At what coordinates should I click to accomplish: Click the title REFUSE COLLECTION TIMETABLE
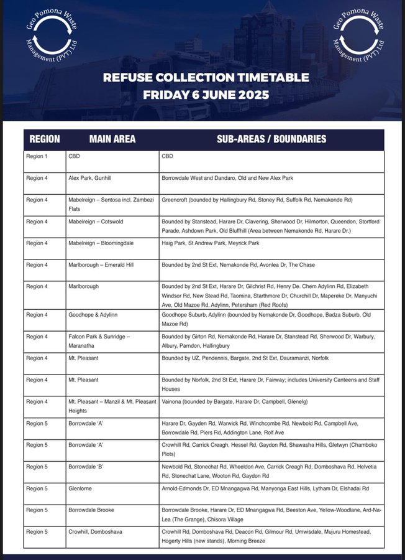[x=206, y=78]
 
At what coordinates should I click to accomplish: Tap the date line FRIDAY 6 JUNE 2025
[x=206, y=95]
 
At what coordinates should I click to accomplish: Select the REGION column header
[x=45, y=139]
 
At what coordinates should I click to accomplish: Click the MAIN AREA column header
[x=112, y=139]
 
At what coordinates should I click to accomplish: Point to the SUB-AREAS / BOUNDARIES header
[x=271, y=139]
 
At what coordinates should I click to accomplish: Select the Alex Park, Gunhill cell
[x=93, y=178]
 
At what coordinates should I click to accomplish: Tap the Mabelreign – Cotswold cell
[x=102, y=222]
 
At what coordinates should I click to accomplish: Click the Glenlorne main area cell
[x=80, y=488]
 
